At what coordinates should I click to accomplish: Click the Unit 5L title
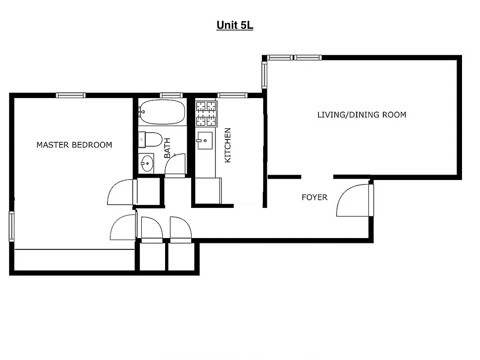pos(235,25)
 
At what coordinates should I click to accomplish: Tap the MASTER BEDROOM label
pos(74,145)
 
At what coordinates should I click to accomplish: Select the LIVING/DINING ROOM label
pos(362,115)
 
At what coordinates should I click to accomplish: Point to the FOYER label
pos(314,197)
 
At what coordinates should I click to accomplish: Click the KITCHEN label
pos(228,145)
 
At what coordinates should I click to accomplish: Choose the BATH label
pos(167,148)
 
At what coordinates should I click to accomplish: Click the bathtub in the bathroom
pos(162,112)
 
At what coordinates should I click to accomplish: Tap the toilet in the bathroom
pos(151,139)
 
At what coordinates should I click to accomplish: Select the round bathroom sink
pos(147,163)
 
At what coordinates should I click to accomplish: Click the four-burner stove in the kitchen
pos(206,113)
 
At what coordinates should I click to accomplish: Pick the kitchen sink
pos(205,140)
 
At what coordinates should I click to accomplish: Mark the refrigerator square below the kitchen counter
pos(207,191)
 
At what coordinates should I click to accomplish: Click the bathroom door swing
pos(175,165)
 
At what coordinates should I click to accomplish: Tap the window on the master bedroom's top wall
pos(71,95)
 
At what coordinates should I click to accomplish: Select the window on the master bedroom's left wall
pos(12,226)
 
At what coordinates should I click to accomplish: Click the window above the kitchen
pos(232,95)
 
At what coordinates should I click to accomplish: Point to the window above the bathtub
pos(171,95)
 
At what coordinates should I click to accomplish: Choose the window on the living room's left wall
pos(265,75)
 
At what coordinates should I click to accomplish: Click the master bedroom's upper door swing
pos(121,193)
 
